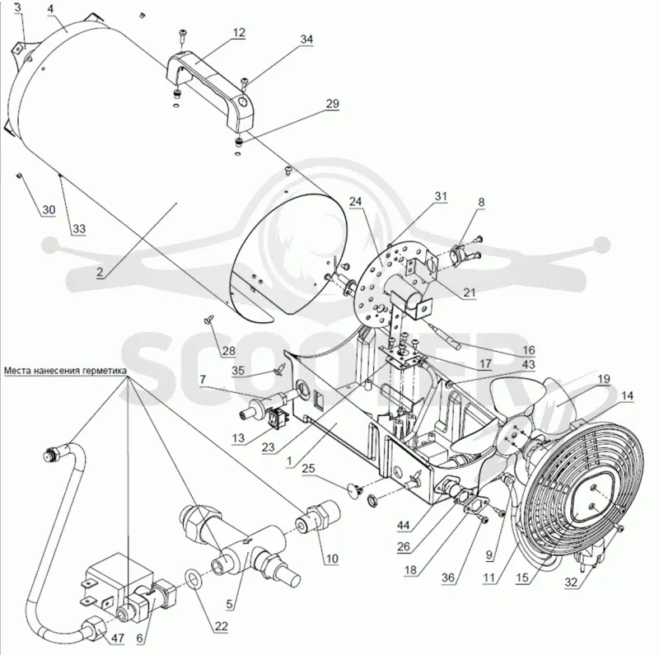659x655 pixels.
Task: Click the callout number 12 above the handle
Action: tap(239, 32)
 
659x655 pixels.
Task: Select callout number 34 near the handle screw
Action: tap(306, 39)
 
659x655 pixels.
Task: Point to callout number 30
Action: tap(49, 209)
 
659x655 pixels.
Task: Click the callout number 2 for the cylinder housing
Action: tap(99, 272)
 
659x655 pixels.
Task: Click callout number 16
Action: tap(528, 350)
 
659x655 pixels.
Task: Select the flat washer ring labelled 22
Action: tap(193, 579)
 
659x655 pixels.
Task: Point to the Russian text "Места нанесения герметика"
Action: tap(65, 371)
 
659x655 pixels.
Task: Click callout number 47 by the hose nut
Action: tap(118, 639)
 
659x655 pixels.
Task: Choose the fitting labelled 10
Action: tap(319, 515)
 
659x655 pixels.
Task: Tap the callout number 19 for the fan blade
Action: tap(604, 379)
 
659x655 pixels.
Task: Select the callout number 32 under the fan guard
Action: tap(571, 582)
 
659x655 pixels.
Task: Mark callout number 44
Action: tap(404, 525)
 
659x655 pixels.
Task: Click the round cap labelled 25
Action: tap(354, 489)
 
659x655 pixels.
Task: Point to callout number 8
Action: tap(481, 202)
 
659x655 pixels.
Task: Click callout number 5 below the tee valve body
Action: tap(229, 605)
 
